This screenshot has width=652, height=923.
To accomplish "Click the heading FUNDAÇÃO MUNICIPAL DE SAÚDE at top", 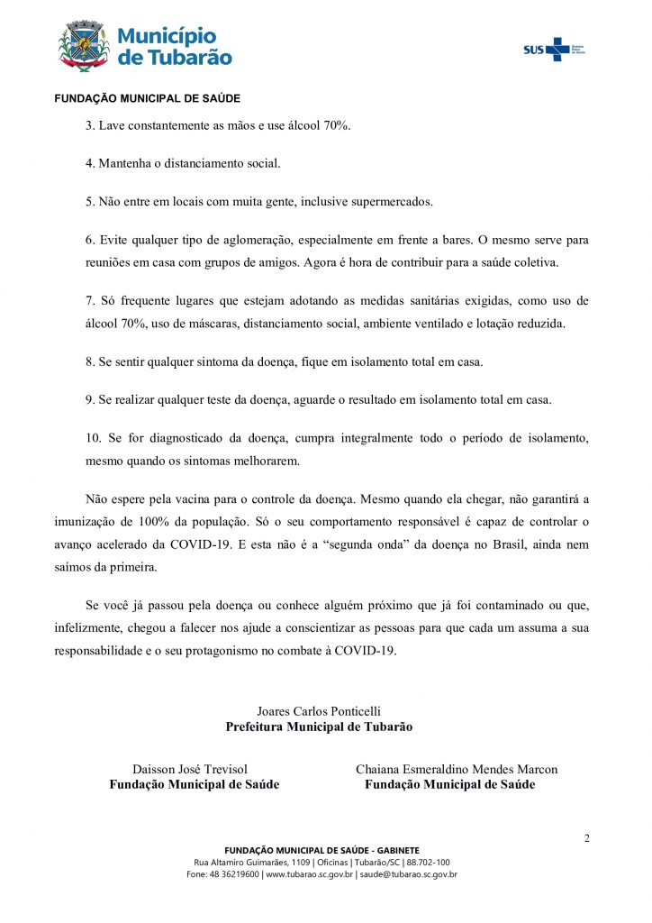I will tap(147, 98).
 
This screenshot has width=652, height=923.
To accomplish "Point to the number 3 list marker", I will tap(89, 124).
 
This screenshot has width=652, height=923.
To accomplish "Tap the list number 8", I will tap(89, 362).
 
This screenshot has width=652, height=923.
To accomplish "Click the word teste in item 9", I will tap(248, 400).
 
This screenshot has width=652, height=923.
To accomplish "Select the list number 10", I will tap(93, 439).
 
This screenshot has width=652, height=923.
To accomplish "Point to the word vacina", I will tap(203, 498).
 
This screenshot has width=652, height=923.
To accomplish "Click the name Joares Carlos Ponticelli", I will tap(319, 711).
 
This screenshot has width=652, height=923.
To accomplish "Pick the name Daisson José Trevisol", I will tap(190, 769).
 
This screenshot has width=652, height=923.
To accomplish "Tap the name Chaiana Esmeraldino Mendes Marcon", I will tap(457, 769).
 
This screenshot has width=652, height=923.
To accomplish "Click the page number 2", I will tap(586, 838).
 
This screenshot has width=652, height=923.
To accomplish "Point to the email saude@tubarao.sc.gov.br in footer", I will tap(409, 873).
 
